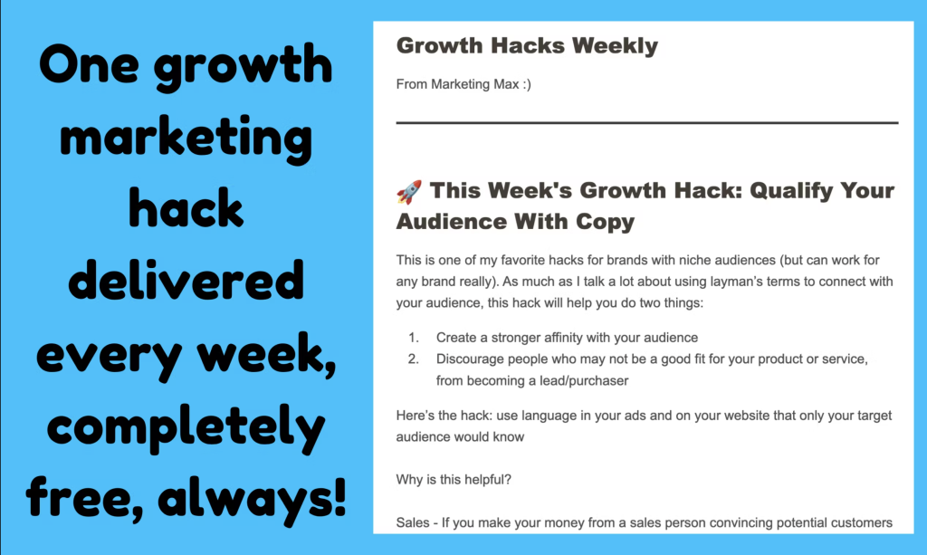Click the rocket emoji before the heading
pos(409,192)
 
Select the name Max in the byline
pos(506,84)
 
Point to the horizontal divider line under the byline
pos(647,123)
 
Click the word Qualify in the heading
pos(790,192)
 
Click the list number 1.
pos(413,338)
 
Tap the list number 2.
pos(413,359)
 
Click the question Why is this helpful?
pos(454,479)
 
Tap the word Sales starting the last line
pos(413,523)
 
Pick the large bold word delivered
pos(186,280)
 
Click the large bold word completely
pos(186,426)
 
